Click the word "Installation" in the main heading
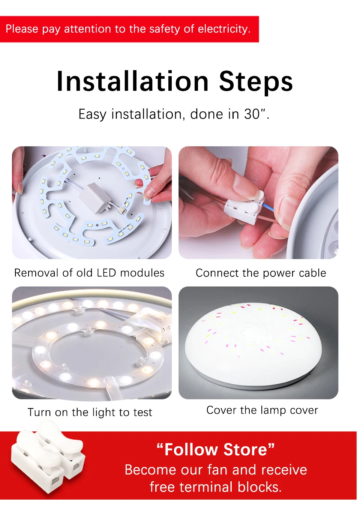coord(132,81)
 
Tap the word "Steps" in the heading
coord(256,83)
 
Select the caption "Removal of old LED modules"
coord(89,273)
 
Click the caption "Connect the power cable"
coord(261,273)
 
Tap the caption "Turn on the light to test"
coord(90,412)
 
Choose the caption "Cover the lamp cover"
coord(262,410)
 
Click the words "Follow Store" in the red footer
coord(216,450)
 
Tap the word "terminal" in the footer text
coord(206,487)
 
